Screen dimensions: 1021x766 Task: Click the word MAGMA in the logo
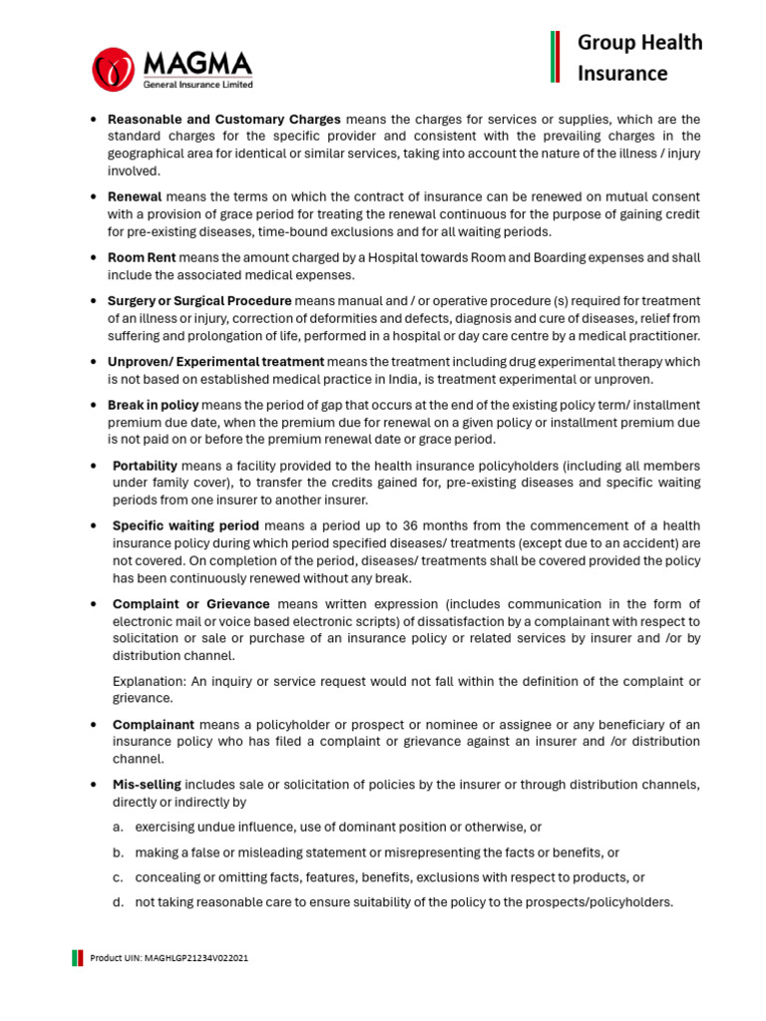click(197, 63)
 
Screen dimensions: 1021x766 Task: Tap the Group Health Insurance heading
click(639, 57)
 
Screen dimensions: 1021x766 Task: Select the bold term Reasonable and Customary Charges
click(224, 119)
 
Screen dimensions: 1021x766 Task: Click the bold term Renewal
click(135, 196)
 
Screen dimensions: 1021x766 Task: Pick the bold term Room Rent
click(142, 257)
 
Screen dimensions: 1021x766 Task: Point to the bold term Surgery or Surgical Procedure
click(199, 300)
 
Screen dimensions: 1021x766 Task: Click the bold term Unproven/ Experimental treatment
click(215, 361)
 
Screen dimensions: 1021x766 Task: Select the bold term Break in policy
click(153, 405)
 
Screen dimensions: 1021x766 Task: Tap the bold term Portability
click(145, 466)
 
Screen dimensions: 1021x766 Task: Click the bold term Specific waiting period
click(186, 525)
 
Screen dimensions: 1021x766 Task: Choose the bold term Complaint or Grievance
click(191, 604)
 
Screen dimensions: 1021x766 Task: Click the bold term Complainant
click(153, 724)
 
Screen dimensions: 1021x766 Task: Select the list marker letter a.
click(118, 828)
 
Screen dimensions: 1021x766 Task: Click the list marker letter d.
click(118, 902)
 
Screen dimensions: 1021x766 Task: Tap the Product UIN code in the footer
click(169, 957)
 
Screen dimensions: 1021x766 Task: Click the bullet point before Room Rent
click(93, 257)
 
